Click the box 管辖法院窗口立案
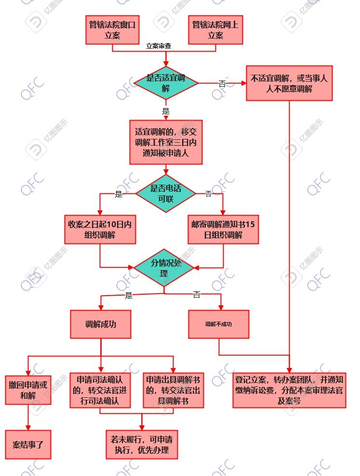112,30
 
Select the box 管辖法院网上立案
215,30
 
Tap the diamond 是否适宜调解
166,83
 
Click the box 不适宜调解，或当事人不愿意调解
289,83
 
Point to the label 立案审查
159,47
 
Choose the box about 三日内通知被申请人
166,142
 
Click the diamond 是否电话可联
166,193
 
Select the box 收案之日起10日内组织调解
99,230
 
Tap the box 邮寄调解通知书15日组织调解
223,230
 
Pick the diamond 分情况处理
164,269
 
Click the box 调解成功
101,324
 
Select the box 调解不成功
219,324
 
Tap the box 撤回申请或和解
28,390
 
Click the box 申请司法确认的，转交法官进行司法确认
100,390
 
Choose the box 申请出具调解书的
173,390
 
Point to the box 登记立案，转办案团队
289,390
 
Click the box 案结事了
28,444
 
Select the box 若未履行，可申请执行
142,444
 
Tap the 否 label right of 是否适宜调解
222,83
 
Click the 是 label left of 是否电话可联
119,194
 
